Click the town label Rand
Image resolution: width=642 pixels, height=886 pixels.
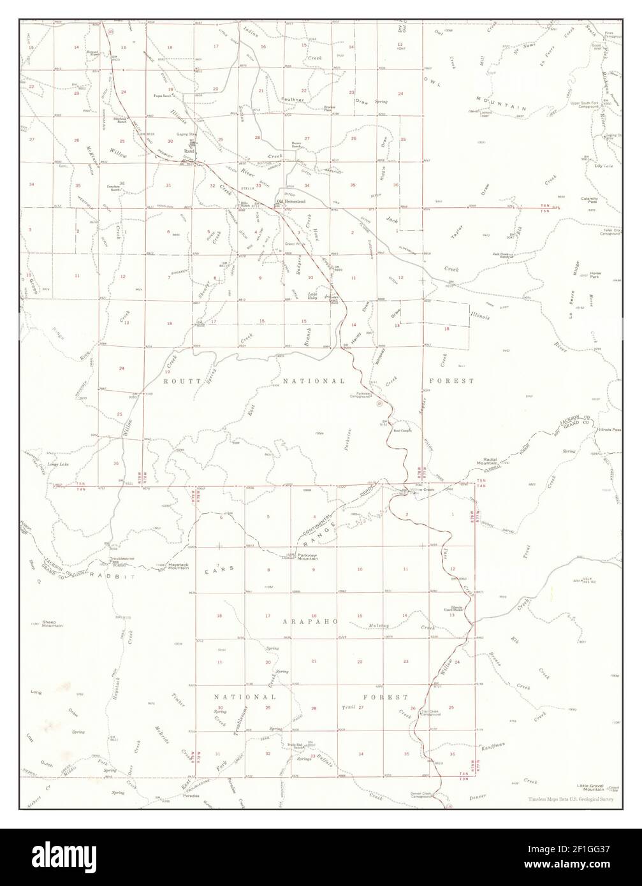click(x=189, y=151)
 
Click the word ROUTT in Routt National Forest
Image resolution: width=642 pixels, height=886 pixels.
click(x=178, y=381)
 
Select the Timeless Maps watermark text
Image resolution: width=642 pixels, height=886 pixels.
click(x=569, y=799)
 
